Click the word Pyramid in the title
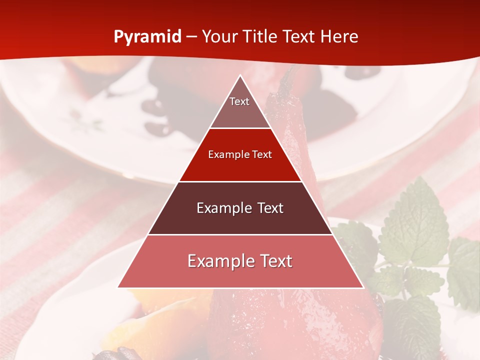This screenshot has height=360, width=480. [147, 37]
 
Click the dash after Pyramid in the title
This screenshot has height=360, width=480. [191, 37]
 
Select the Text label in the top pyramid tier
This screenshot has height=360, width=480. [239, 101]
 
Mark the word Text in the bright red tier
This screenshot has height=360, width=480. [262, 154]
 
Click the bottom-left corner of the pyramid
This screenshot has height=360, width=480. [118, 287]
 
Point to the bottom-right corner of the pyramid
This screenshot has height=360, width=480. [362, 287]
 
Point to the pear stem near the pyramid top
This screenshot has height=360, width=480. [287, 80]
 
